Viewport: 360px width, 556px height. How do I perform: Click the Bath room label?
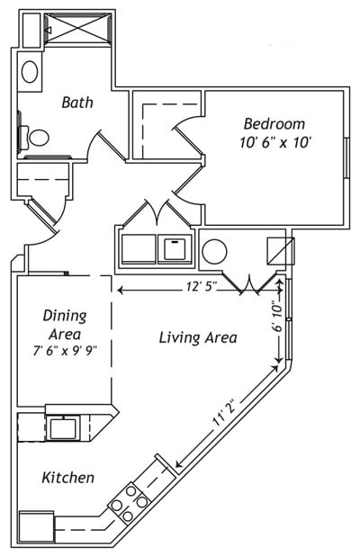[x=77, y=103]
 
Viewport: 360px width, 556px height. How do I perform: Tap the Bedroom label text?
[x=274, y=124]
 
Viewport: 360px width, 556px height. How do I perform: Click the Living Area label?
[x=198, y=338]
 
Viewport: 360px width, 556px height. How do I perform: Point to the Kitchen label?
[x=67, y=478]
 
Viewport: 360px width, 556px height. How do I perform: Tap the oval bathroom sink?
[x=30, y=71]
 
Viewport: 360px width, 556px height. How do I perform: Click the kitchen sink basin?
[x=62, y=428]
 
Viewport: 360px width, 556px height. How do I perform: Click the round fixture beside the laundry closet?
[x=215, y=251]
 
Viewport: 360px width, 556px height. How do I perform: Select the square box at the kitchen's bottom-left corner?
[x=37, y=525]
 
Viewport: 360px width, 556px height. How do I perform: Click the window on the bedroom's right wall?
[x=347, y=158]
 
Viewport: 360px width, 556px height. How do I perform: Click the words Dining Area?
[x=64, y=324]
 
